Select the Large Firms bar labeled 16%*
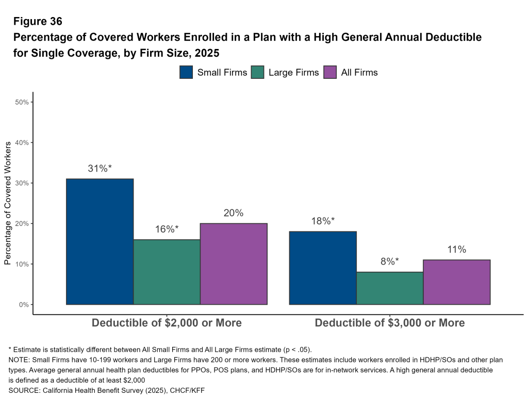(167, 272)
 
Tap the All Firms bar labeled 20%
(234, 263)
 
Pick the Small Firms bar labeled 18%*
(323, 268)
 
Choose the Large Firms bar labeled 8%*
(390, 288)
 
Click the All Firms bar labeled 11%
(456, 282)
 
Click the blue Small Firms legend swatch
(186, 72)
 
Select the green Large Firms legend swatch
(258, 72)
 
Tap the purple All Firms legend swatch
(330, 72)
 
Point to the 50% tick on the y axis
(22, 102)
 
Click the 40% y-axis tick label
(22, 142)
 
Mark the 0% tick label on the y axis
(24, 305)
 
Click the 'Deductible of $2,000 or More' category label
(167, 323)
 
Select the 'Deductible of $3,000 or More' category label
(390, 323)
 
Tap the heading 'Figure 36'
(38, 22)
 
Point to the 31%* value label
(100, 168)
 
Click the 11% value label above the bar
(456, 250)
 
